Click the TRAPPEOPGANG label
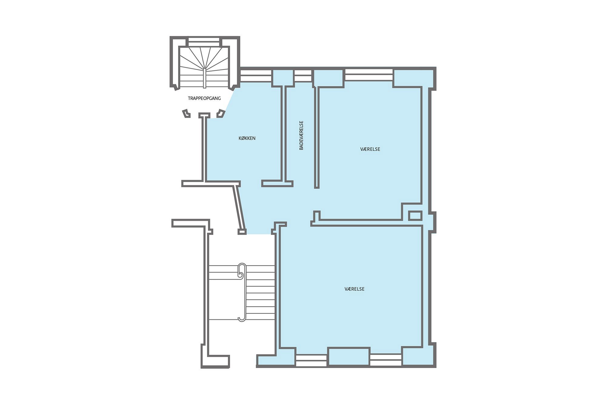pos(204,98)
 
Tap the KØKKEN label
pos(247,138)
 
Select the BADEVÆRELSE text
pos(301,135)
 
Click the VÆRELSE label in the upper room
pos(370,149)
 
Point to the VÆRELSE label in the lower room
pos(355,289)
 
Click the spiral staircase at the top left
pos(204,67)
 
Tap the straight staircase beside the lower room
pos(242,293)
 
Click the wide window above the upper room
pos(369,75)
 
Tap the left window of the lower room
pos(311,360)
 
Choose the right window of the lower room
pos(386,360)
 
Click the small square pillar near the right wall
pos(415,216)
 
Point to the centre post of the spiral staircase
pos(205,78)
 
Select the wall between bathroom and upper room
pos(317,138)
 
